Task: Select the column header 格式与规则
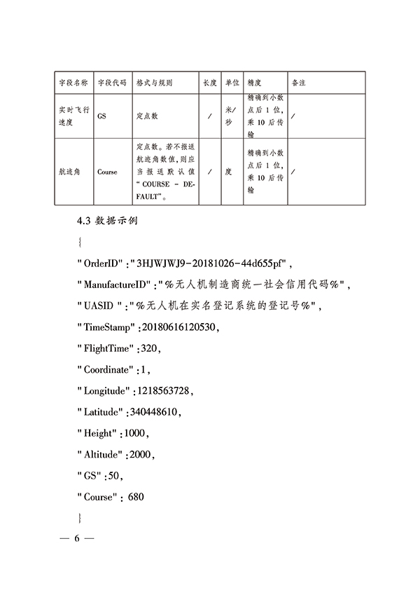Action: [154, 83]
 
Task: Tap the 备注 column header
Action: [298, 83]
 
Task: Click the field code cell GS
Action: [101, 116]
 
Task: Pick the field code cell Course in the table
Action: [107, 172]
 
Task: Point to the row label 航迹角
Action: [70, 172]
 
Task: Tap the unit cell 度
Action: [228, 172]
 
